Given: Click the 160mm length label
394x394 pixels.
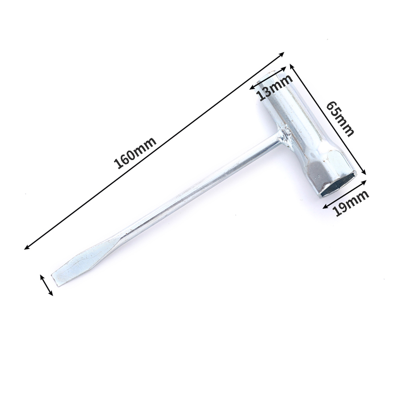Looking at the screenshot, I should click(136, 153).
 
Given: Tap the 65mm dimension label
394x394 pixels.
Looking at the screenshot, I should click(340, 118).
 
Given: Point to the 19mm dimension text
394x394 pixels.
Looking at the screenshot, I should click(351, 203).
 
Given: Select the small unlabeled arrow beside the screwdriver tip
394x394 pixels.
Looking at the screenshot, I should click(46, 285).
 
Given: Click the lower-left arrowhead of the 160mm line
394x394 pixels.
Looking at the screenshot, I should click(26, 248).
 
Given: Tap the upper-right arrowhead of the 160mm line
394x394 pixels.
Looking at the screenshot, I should click(284, 53).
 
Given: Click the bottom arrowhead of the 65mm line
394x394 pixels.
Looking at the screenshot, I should click(365, 173).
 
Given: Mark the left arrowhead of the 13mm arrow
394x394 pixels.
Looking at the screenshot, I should click(252, 89).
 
